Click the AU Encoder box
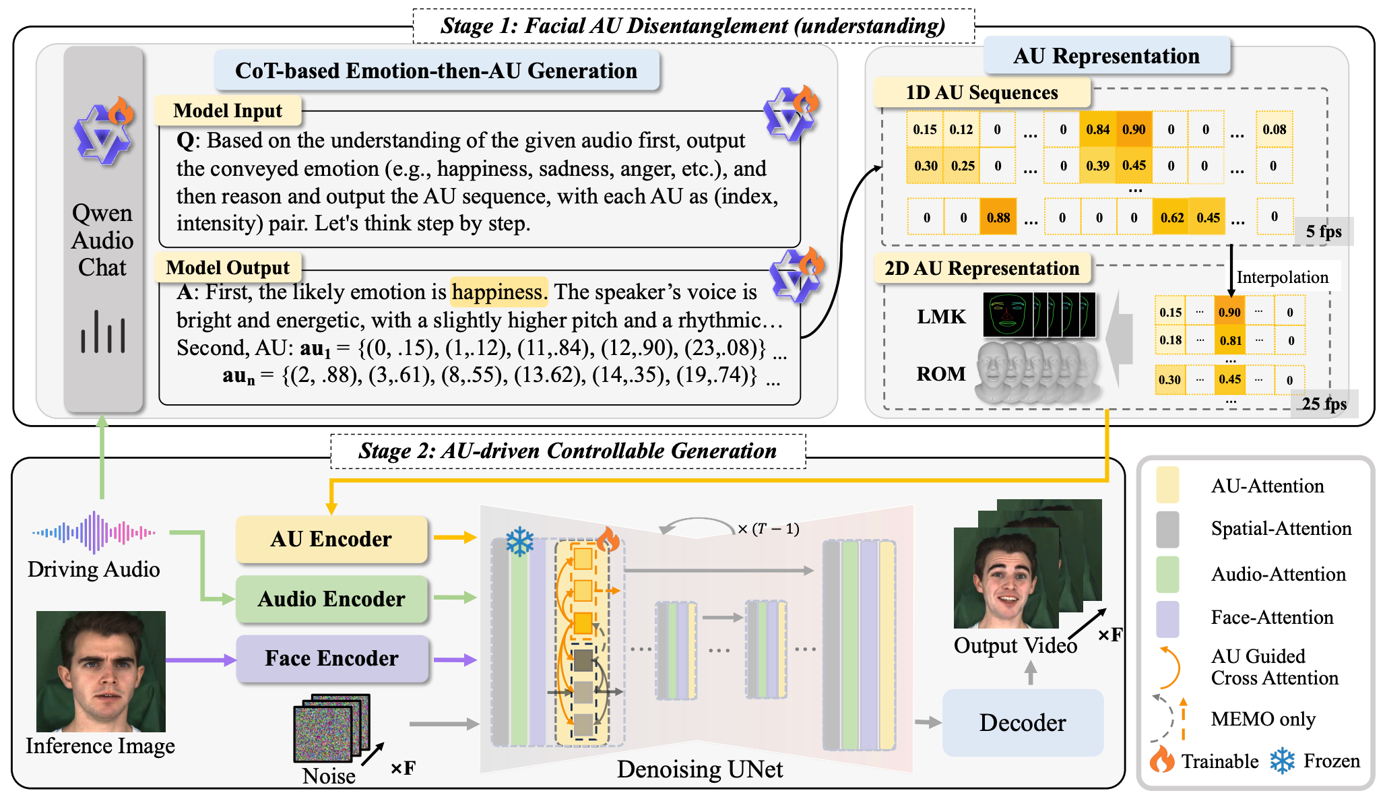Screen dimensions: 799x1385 pos(331,539)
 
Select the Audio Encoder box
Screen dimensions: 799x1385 pos(331,598)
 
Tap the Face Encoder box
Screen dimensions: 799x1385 pos(331,658)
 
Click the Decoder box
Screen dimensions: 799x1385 pos(1022,722)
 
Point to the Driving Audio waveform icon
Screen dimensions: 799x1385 pos(94,532)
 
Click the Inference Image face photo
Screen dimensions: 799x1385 pos(101,671)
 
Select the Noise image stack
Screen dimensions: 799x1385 pos(331,728)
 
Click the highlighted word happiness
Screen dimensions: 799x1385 pos(498,292)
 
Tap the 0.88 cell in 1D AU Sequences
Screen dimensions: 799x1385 pos(998,218)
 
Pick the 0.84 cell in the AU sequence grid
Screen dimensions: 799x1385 pos(1097,129)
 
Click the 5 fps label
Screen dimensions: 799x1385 pos(1323,232)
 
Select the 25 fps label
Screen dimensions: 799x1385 pos(1323,404)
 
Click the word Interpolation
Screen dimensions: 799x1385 pos(1282,277)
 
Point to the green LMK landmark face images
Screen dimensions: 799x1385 pos(1038,315)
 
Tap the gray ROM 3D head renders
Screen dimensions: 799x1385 pos(1038,373)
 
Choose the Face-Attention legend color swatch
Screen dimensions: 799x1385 pos(1167,618)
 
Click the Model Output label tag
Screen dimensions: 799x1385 pos(228,267)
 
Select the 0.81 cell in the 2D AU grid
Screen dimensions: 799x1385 pos(1229,341)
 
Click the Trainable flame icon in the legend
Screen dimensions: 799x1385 pos(1161,760)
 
